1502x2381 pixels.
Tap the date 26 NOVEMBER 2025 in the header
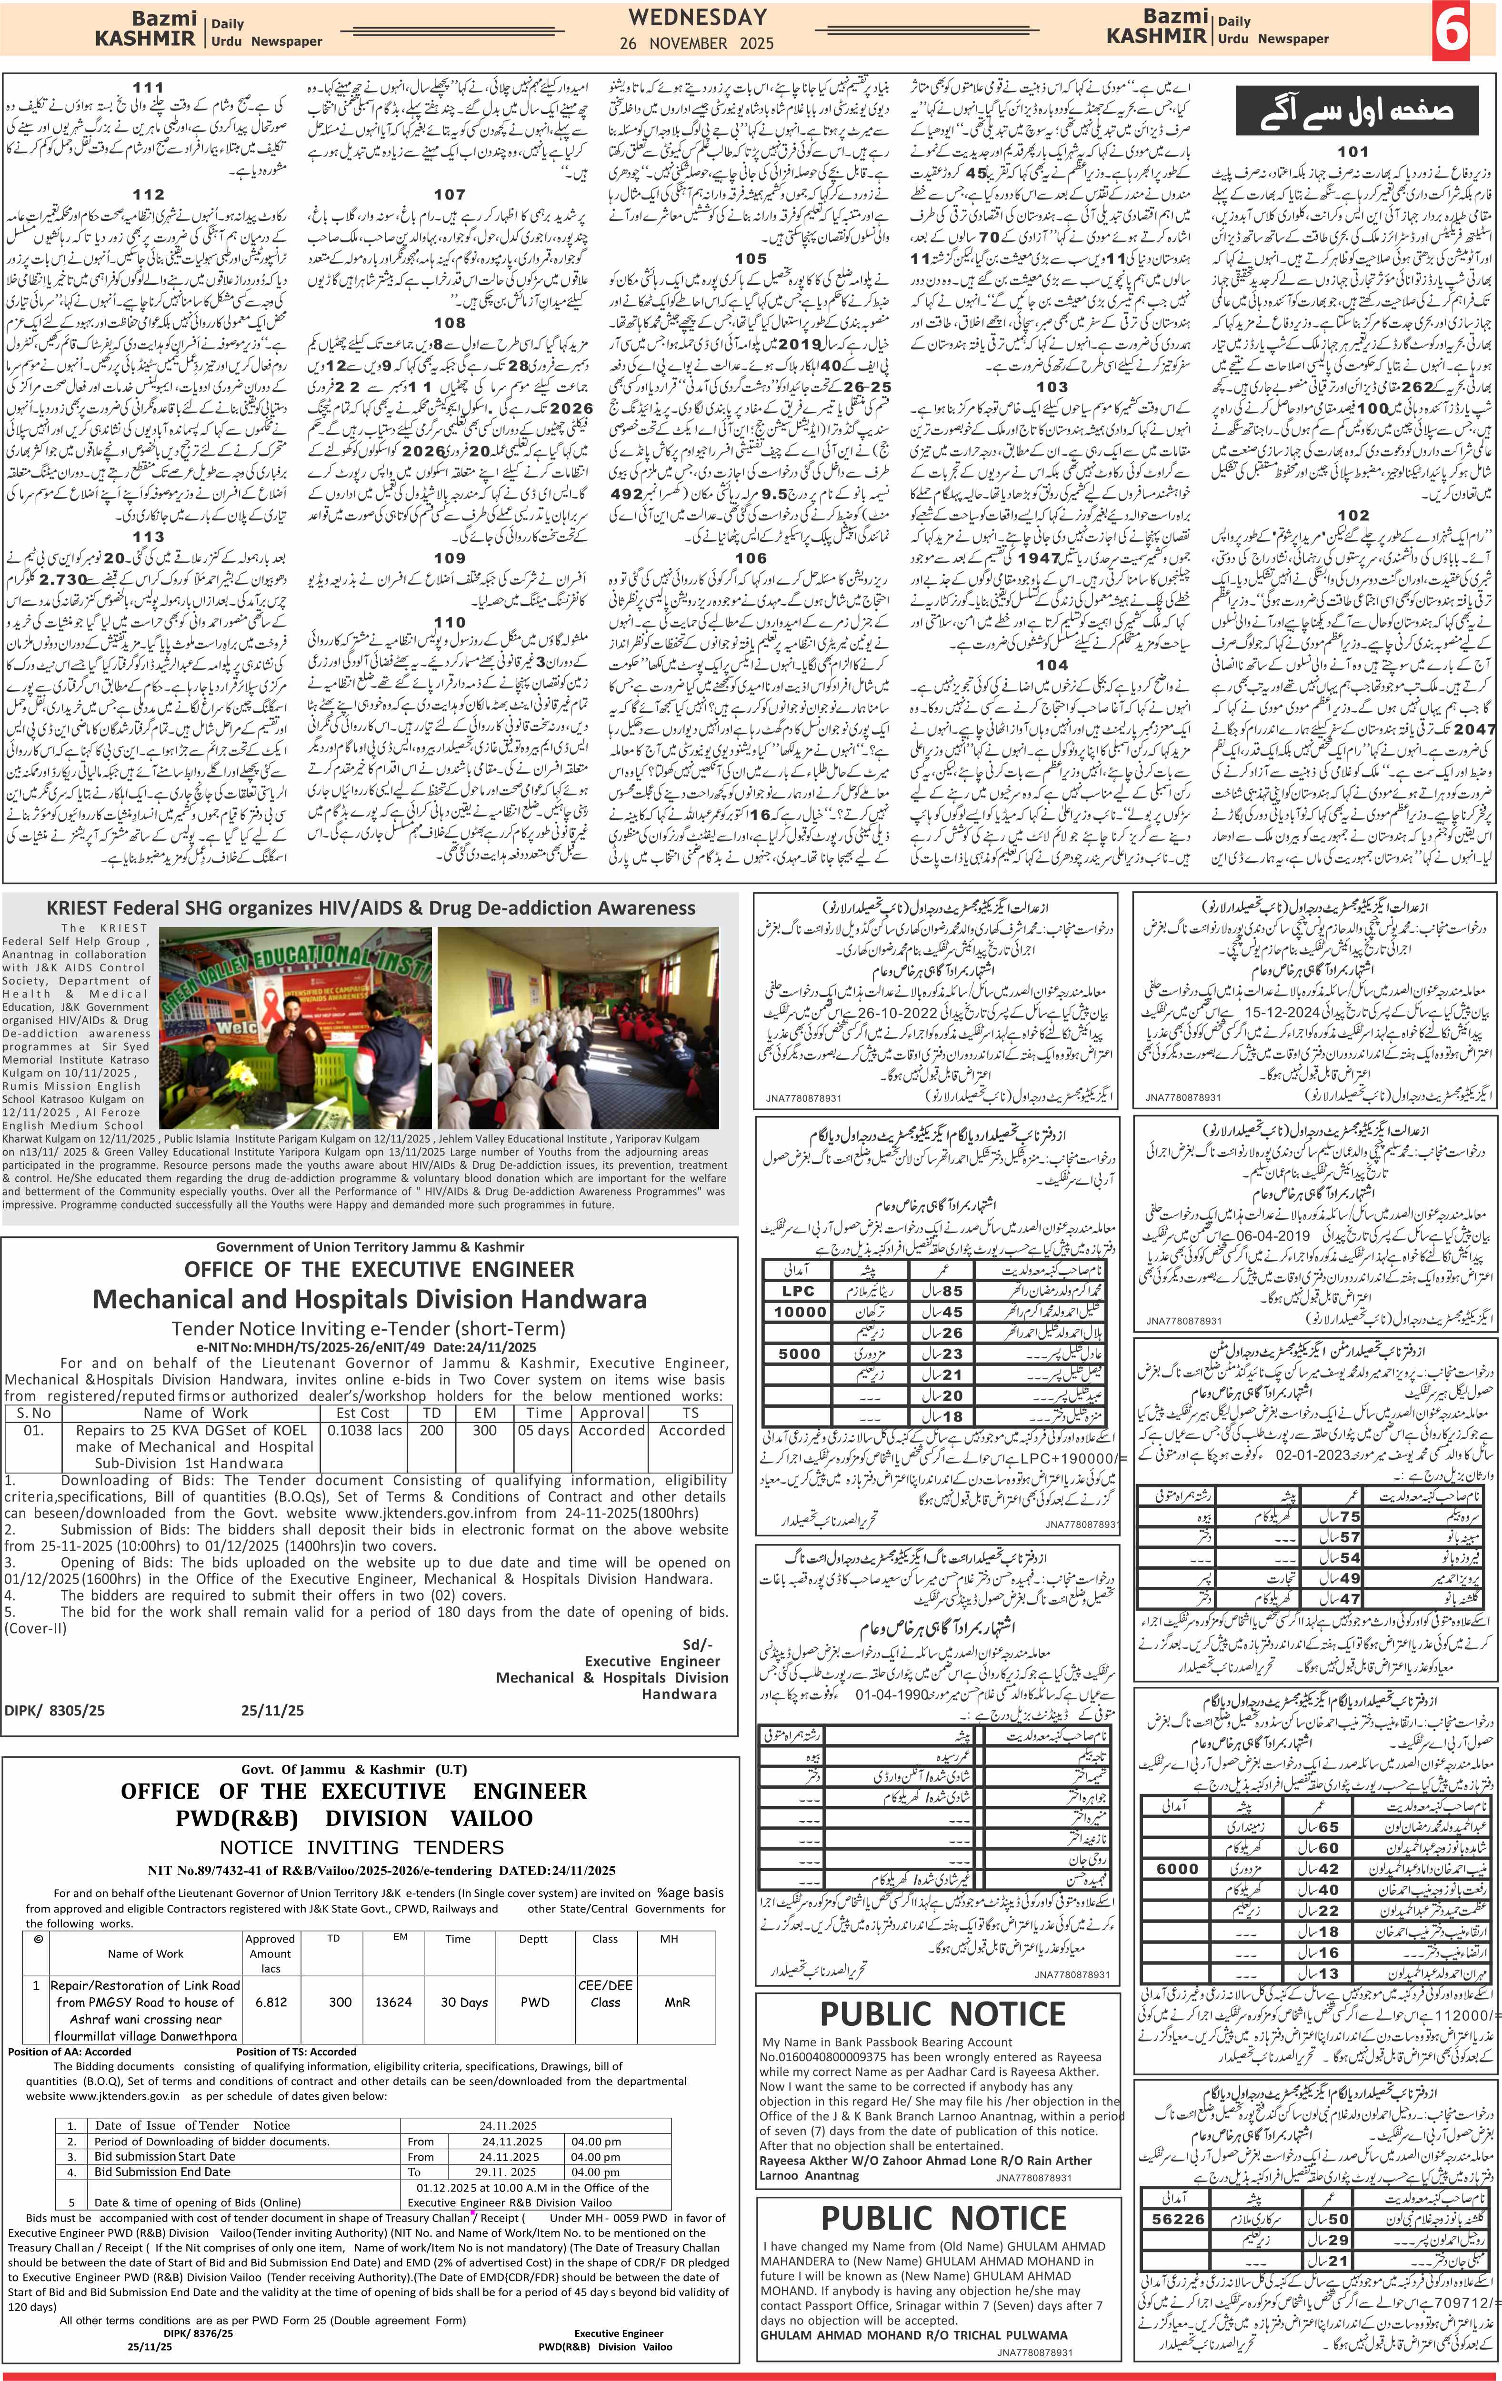click(697, 43)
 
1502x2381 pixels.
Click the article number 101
click(1352, 151)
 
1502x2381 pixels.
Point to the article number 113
click(148, 537)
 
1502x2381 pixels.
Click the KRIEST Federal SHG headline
click(371, 908)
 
